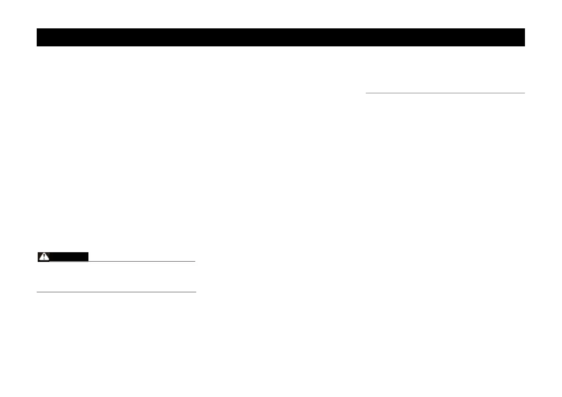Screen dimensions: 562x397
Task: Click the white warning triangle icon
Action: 44,257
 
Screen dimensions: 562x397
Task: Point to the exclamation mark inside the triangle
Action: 44,257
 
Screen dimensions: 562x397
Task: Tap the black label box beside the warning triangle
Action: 69,257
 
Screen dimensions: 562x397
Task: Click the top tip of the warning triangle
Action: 44,253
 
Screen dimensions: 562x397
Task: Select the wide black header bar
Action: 280,37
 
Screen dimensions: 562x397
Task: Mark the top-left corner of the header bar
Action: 37,29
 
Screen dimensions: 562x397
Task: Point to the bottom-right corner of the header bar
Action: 525,46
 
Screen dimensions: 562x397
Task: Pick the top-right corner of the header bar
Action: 525,29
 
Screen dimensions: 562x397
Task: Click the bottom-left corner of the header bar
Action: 37,46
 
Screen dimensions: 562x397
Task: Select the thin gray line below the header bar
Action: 445,93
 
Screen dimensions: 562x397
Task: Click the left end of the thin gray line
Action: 366,93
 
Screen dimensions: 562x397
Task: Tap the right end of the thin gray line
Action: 524,93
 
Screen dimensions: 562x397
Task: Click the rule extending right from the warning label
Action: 142,261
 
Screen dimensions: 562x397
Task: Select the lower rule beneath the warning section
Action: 116,292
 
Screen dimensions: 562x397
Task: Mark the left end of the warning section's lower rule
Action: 37,292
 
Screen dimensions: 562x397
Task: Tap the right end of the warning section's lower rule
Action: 196,292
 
